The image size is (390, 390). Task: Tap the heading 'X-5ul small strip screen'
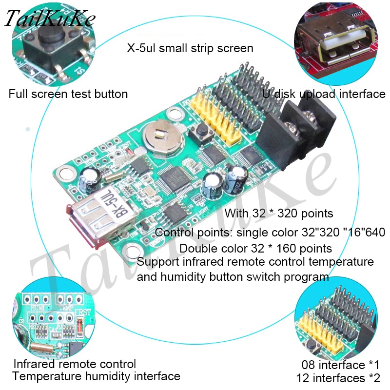[190, 48]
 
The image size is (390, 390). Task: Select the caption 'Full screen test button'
[68, 94]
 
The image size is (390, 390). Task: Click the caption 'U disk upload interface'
[324, 94]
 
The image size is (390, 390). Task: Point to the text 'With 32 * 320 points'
[279, 213]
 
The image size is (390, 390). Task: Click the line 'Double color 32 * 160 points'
[256, 248]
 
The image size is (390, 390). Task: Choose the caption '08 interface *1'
[340, 365]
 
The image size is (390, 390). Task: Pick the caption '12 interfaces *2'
[338, 378]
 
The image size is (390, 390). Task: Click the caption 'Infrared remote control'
[75, 364]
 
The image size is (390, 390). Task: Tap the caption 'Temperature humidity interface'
[96, 376]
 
